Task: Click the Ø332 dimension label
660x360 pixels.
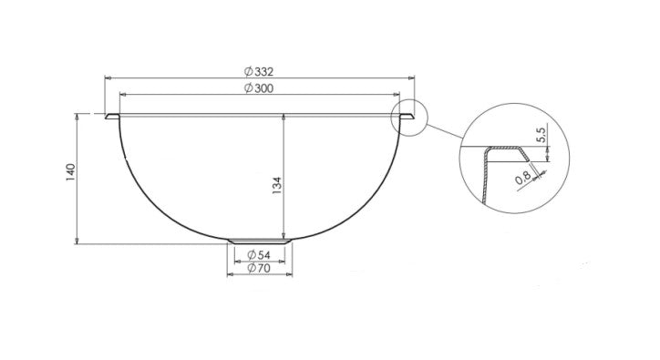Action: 261,71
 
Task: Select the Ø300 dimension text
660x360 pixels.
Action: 261,87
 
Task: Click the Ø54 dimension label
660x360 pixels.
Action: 261,255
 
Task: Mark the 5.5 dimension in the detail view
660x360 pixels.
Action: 541,136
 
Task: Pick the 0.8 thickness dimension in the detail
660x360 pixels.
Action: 523,180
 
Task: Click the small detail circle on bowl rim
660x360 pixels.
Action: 409,118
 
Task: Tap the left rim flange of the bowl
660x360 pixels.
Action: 112,118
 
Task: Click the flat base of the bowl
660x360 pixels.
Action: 260,242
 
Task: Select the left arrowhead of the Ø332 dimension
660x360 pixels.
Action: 108,78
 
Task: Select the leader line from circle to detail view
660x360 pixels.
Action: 443,132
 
